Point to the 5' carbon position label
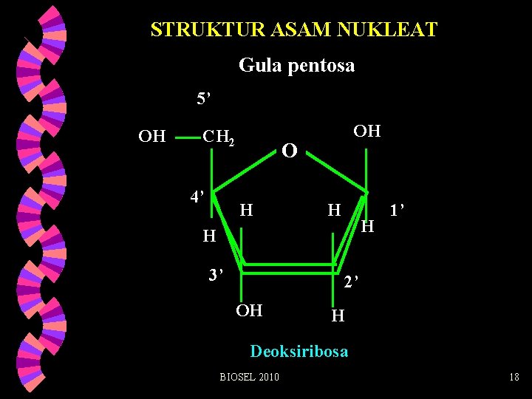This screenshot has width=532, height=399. click(x=204, y=98)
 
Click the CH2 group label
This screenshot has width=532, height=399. click(x=219, y=137)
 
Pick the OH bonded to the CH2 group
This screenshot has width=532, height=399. click(x=152, y=136)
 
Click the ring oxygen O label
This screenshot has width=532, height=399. click(x=290, y=151)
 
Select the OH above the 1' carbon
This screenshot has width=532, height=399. click(x=366, y=132)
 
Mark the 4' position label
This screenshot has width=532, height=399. click(x=197, y=197)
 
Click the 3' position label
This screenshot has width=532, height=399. click(x=215, y=276)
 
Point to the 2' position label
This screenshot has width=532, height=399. click(x=351, y=282)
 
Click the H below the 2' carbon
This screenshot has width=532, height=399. click(x=338, y=316)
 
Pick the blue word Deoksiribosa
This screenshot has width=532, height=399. click(x=299, y=351)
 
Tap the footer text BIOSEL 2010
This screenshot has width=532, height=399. click(x=250, y=378)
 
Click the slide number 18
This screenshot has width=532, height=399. click(x=514, y=378)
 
